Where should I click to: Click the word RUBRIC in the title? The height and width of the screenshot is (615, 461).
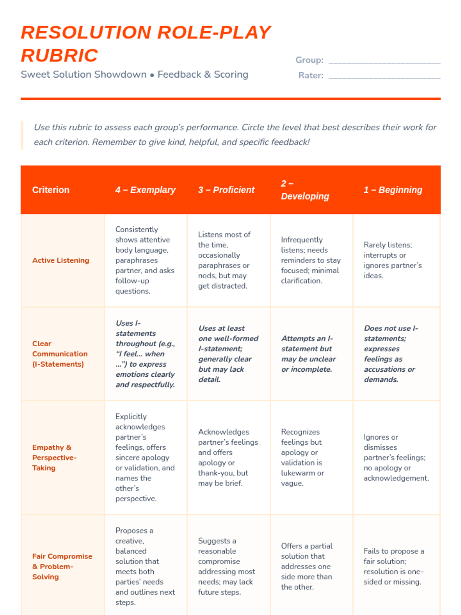point(60,55)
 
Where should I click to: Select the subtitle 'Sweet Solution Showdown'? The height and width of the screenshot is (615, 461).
point(83,75)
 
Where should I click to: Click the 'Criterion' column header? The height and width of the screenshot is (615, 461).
point(51,190)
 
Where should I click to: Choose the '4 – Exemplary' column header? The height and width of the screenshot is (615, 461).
point(145,190)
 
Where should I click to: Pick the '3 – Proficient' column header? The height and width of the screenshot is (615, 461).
point(226,190)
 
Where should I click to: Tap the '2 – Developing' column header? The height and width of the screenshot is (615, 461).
point(305,190)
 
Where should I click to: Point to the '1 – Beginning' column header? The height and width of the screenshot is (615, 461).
point(393,190)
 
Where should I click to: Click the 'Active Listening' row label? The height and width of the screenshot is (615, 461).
point(61,260)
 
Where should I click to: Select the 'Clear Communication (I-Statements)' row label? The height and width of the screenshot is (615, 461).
point(60,354)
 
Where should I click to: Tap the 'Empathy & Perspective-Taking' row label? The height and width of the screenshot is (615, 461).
point(54,457)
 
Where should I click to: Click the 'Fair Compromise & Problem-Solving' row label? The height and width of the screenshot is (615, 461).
point(62,566)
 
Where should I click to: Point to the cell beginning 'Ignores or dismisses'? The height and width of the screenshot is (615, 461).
point(396,457)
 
